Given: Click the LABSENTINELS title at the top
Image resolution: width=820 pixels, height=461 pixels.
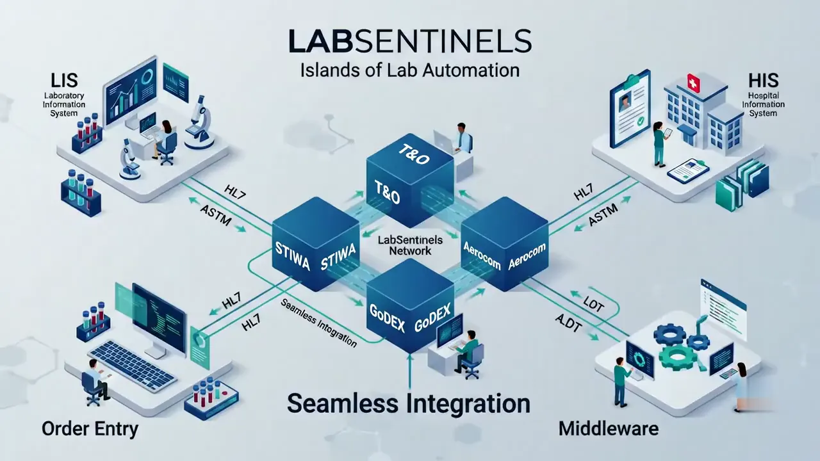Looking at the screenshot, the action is coord(409,42).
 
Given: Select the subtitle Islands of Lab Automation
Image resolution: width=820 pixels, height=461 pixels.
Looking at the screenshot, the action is coord(409,70).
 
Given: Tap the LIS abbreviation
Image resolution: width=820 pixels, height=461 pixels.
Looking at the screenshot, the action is coord(64,81).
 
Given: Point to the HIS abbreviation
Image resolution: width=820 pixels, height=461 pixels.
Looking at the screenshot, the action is coord(763,81).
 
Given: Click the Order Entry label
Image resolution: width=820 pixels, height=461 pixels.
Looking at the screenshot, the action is coord(90,429).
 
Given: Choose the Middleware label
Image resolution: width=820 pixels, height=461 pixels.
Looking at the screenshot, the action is coord(609,429).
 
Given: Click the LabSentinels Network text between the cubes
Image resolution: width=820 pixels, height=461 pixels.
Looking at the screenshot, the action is coord(410,245).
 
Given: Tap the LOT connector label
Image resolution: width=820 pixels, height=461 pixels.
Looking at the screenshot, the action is coord(593,303).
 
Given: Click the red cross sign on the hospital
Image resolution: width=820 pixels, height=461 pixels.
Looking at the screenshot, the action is coord(693,83).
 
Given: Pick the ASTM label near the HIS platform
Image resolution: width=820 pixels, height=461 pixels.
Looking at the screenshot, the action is coord(603,214).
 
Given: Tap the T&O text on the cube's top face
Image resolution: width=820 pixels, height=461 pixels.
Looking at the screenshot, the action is coord(414,154).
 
